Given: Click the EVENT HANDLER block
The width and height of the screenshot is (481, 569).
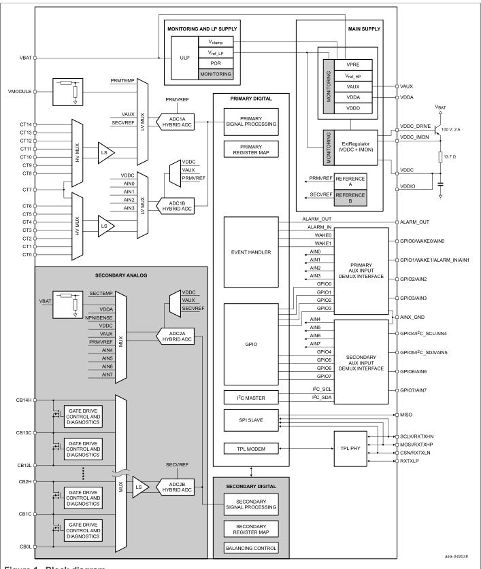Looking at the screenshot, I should point(251,252).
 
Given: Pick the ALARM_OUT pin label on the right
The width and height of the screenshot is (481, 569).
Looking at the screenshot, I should point(418,223).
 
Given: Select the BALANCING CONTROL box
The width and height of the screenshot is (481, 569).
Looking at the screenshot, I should point(251,549).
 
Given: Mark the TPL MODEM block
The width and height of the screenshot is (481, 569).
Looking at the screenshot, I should point(251,449).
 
